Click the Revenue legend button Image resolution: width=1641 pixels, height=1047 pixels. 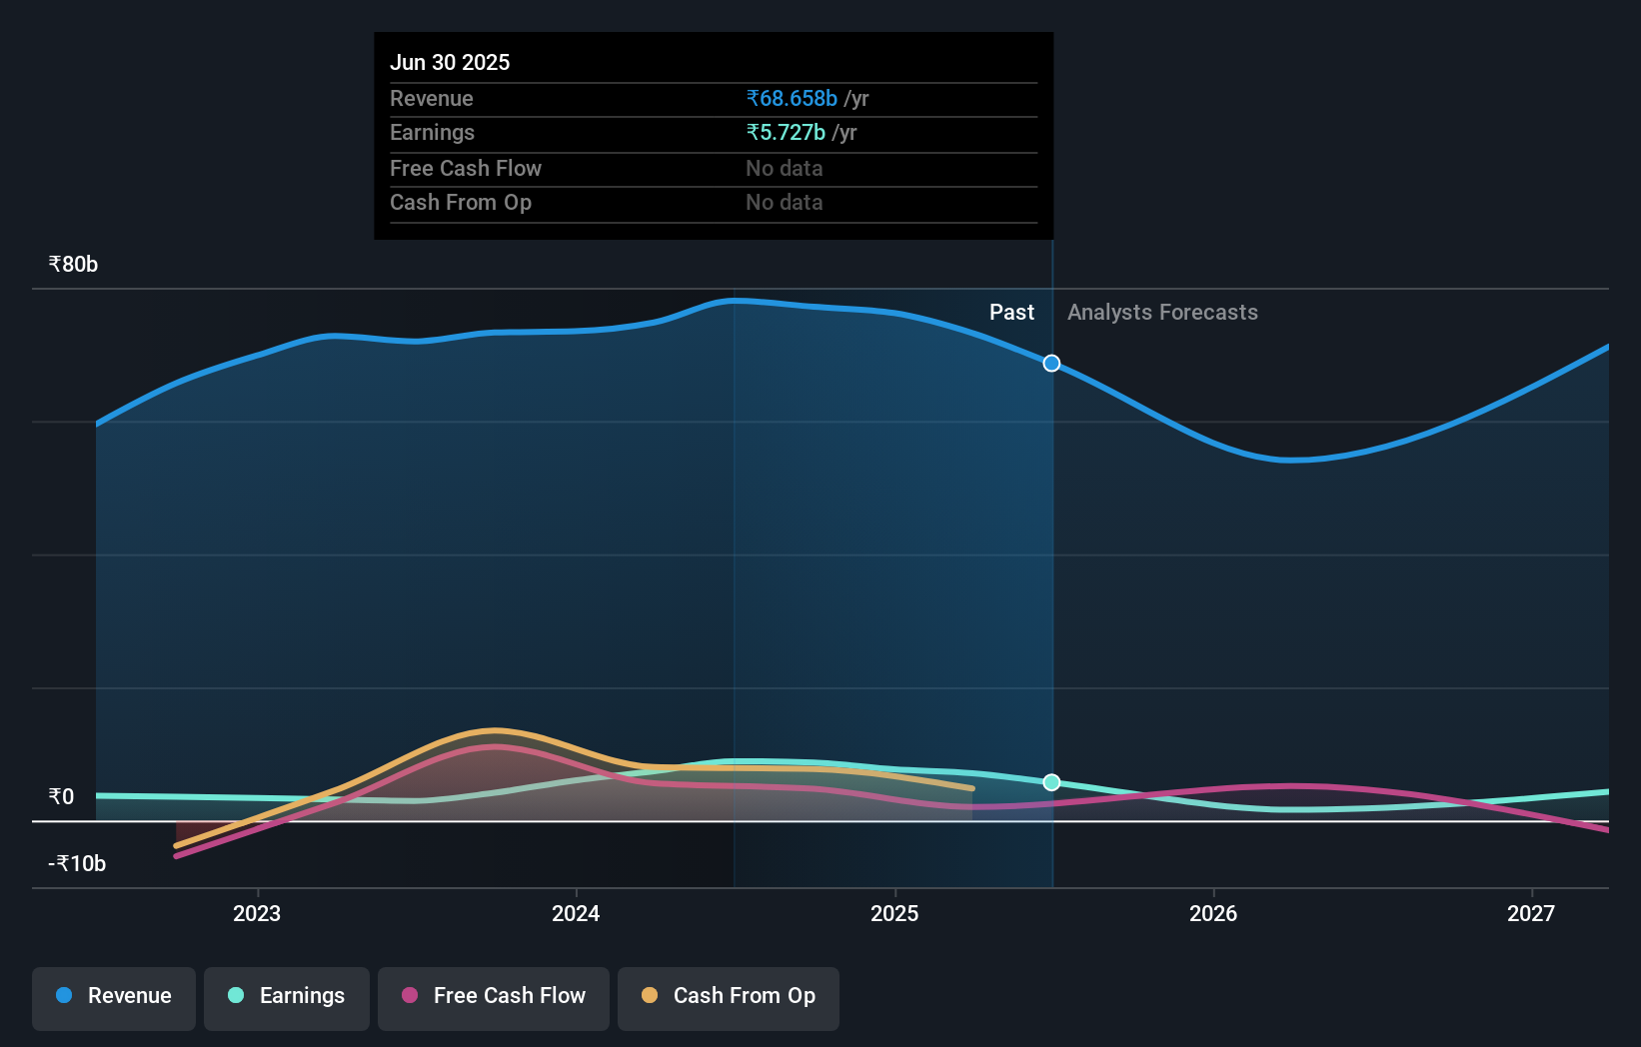coord(114,996)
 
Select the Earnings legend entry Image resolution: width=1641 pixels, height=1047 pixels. coord(287,996)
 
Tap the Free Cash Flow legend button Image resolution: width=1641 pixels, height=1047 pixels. coord(494,996)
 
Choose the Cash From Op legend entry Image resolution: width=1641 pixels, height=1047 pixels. coord(729,996)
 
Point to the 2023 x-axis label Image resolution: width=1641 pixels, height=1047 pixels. coord(257,913)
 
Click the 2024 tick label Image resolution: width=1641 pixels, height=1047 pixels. coord(576,913)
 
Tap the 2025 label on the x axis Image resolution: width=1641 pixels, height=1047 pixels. coord(894,913)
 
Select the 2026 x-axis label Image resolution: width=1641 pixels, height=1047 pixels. coord(1213,913)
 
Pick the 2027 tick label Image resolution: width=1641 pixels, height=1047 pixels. coord(1531,913)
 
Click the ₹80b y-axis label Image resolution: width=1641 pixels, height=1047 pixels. coord(73,265)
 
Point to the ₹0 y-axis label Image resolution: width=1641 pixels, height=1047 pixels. coord(61,797)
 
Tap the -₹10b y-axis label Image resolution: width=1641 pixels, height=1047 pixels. coord(77,864)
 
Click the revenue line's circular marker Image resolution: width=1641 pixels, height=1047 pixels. coord(1051,364)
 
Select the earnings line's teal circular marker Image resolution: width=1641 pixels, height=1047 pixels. coord(1051,782)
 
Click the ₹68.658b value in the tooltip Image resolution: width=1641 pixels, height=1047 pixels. coord(792,99)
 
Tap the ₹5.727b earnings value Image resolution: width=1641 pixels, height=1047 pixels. coord(786,133)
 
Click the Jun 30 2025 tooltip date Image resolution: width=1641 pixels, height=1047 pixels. coord(450,63)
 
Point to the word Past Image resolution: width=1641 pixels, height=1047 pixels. coord(1011,313)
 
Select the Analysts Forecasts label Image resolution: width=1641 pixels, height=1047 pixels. coord(1162,313)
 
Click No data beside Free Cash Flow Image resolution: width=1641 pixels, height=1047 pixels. coord(785,169)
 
